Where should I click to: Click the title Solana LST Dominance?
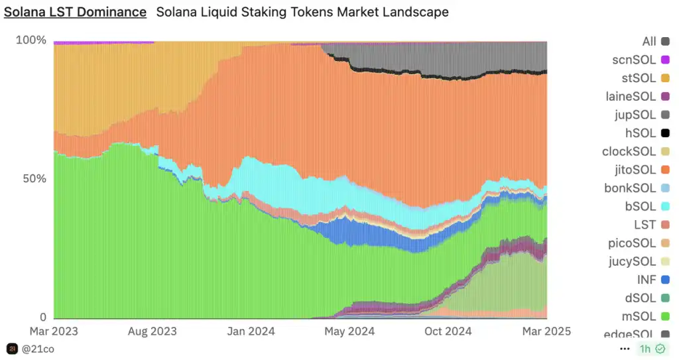pos(76,12)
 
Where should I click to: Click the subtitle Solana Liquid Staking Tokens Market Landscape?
pos(302,12)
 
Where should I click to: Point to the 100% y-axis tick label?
pos(31,40)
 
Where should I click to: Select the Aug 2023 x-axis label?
pos(153,331)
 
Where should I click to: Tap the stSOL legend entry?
pos(639,78)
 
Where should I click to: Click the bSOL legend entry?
pos(640,206)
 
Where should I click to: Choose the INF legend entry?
pos(646,280)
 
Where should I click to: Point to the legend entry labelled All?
pos(649,42)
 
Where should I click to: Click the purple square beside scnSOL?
pos(665,60)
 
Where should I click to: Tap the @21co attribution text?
pos(38,348)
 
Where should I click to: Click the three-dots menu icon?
pos(624,348)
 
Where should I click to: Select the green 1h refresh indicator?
pos(652,348)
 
